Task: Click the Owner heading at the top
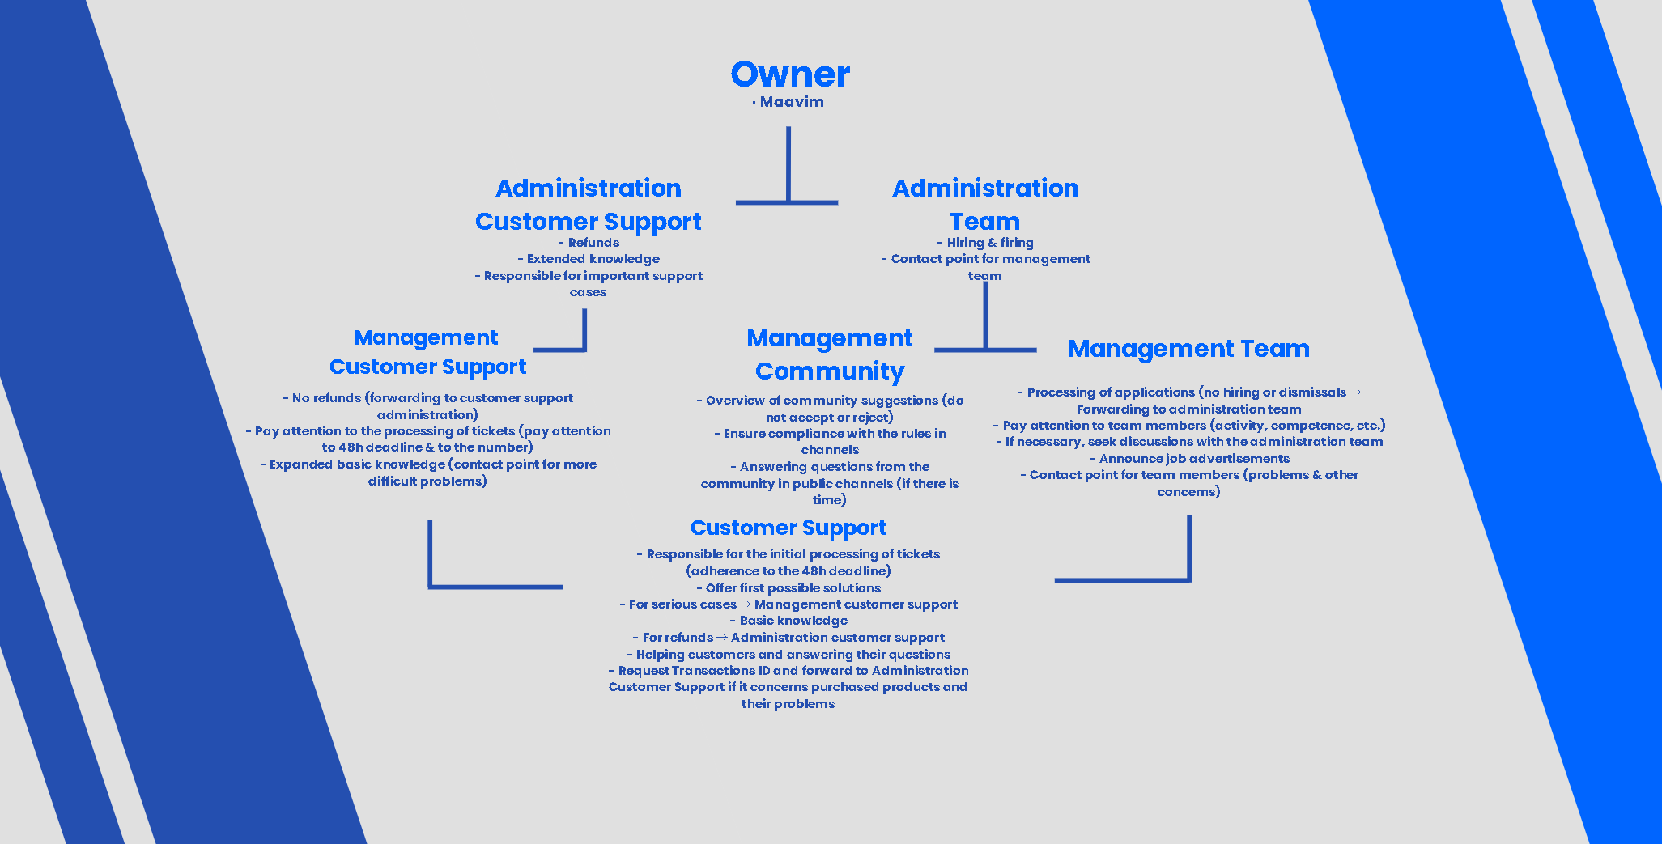point(790,74)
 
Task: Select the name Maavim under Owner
point(791,102)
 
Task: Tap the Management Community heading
point(829,354)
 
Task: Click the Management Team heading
point(1188,349)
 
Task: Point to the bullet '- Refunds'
point(589,243)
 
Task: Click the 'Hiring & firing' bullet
point(985,243)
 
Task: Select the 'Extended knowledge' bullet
point(589,259)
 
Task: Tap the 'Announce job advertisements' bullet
point(1189,459)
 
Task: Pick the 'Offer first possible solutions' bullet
point(788,588)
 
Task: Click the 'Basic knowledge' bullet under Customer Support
point(788,621)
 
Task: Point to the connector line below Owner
point(788,166)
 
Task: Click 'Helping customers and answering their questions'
point(788,655)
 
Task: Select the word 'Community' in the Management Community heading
point(829,371)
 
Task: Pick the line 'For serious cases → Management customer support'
point(788,604)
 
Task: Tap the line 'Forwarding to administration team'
point(1188,409)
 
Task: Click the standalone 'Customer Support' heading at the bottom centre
point(788,528)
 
